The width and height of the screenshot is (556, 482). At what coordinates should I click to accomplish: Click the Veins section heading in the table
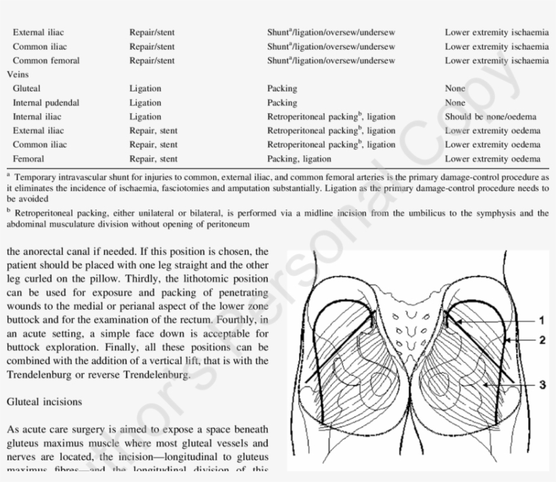[x=18, y=75]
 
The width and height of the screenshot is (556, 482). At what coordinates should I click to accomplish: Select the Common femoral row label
[x=46, y=60]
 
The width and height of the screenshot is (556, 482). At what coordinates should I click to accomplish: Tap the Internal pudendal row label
[x=46, y=102]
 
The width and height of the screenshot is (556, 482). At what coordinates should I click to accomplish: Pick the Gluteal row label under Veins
[x=26, y=88]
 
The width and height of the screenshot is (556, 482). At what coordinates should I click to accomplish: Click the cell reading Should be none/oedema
[x=486, y=117]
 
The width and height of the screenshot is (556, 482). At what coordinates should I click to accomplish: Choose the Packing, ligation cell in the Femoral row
[x=299, y=159]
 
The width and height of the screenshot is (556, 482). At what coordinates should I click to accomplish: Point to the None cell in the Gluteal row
[x=455, y=88]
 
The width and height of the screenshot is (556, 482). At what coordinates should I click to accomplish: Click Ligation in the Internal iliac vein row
[x=145, y=117]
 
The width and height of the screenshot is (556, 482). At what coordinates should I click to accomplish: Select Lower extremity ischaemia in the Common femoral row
[x=496, y=60]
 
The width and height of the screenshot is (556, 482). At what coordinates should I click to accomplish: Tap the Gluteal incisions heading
[x=44, y=401]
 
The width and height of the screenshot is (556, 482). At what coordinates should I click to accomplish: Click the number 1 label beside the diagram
[x=541, y=320]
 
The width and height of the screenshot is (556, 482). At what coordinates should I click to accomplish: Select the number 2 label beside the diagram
[x=542, y=340]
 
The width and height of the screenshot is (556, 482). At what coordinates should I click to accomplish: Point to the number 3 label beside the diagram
[x=542, y=385]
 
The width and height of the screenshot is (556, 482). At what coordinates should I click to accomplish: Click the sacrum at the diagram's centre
[x=408, y=325]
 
